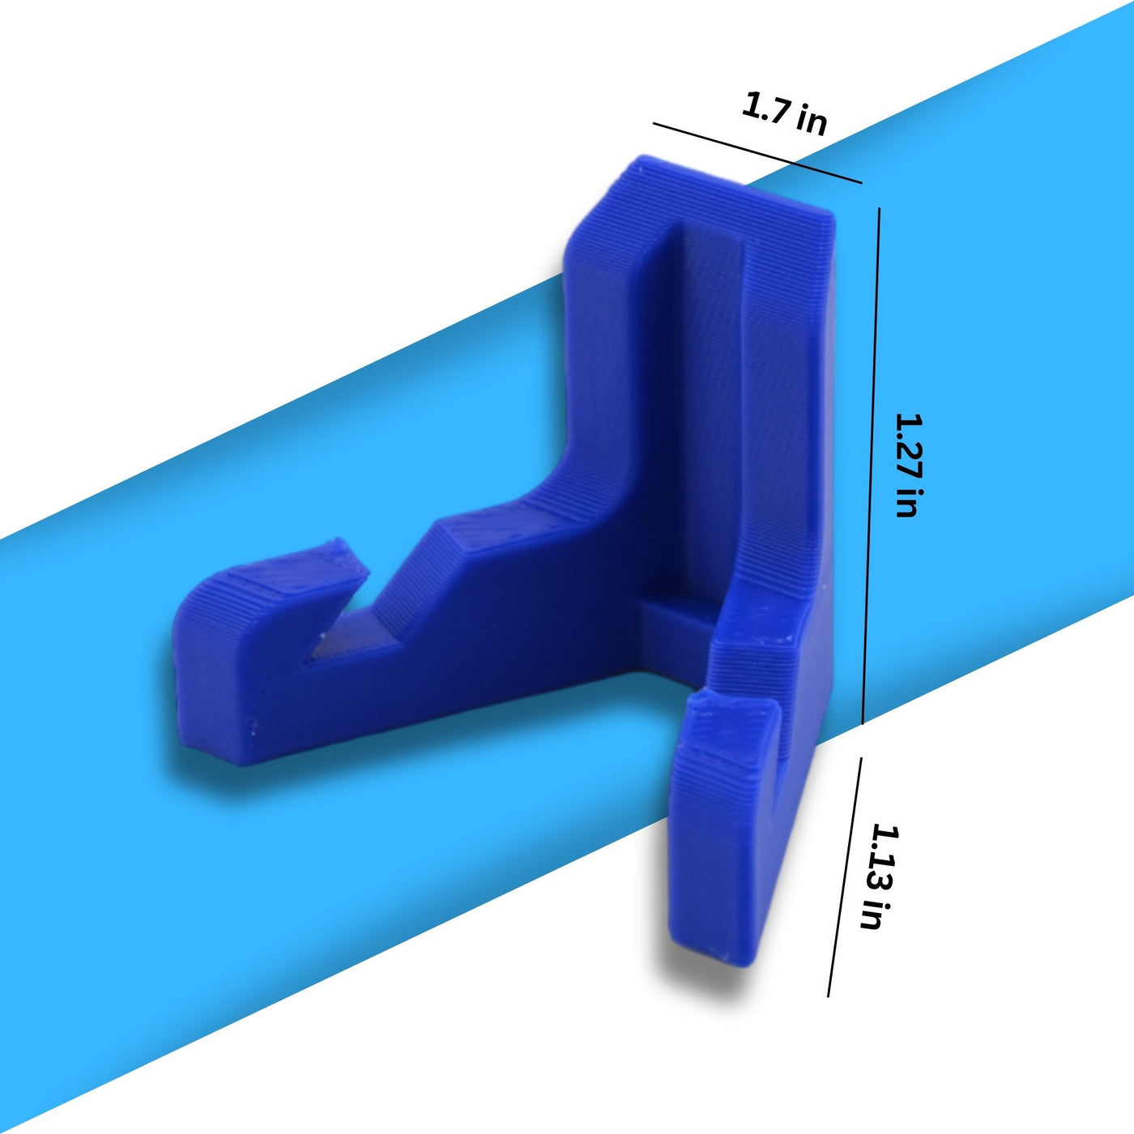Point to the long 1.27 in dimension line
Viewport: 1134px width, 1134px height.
871,466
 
